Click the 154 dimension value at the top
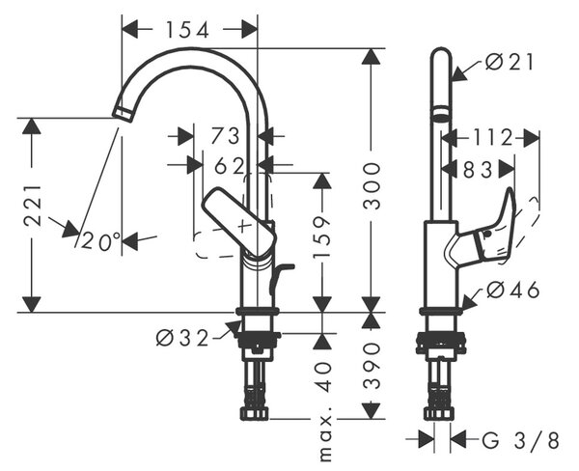pos(187,30)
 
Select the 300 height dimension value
pos(372,186)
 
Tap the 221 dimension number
pos(32,206)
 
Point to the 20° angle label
pos(100,241)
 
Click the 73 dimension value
pos(225,135)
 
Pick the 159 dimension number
pos(321,237)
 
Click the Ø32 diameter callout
pos(182,338)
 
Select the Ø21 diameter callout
pos(510,62)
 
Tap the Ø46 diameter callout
pos(513,290)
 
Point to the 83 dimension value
pos(478,170)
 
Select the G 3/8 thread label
pos(521,440)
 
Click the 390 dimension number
pos(372,366)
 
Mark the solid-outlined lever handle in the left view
pos(239,222)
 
